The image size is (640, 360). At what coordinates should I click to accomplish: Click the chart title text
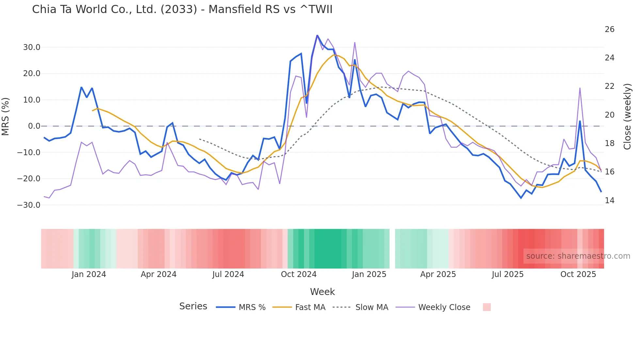click(182, 9)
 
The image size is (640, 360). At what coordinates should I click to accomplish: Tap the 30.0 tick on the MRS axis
click(32, 47)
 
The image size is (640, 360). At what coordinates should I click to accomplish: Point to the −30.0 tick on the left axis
click(29, 205)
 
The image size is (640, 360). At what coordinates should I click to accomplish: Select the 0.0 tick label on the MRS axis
click(34, 126)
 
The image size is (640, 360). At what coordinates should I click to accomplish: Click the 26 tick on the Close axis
click(609, 29)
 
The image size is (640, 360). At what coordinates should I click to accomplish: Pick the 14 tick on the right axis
click(609, 200)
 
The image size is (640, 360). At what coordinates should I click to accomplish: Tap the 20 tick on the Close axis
click(609, 115)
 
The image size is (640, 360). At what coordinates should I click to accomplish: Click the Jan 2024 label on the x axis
click(89, 274)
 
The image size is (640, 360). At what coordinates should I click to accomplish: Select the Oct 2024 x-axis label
click(298, 274)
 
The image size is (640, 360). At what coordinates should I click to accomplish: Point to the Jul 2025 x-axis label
click(507, 274)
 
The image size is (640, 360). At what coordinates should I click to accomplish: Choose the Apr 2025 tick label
click(438, 274)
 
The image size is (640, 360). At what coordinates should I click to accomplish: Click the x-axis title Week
click(322, 292)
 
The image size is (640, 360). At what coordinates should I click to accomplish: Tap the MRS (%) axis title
click(6, 116)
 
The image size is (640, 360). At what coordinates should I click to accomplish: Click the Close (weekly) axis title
click(627, 116)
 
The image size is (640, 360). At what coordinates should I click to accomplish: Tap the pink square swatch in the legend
click(487, 307)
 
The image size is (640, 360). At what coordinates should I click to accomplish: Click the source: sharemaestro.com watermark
click(578, 256)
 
